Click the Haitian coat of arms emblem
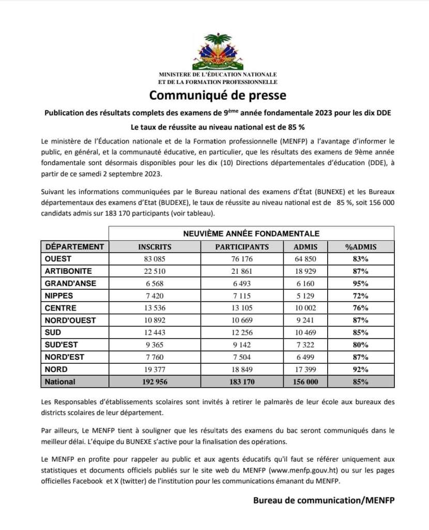pos(218,52)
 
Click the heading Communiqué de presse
pos(218,96)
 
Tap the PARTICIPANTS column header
pos(242,247)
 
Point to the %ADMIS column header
pos(360,247)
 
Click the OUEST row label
pos(58,259)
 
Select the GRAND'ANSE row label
pos(70,284)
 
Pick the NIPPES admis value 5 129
pos(305,296)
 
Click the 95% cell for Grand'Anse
pos(360,284)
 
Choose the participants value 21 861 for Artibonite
pos(242,271)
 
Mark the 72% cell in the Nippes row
pos(360,296)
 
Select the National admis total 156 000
pos(305,382)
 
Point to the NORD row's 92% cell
pos(360,370)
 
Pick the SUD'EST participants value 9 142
pos(242,345)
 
